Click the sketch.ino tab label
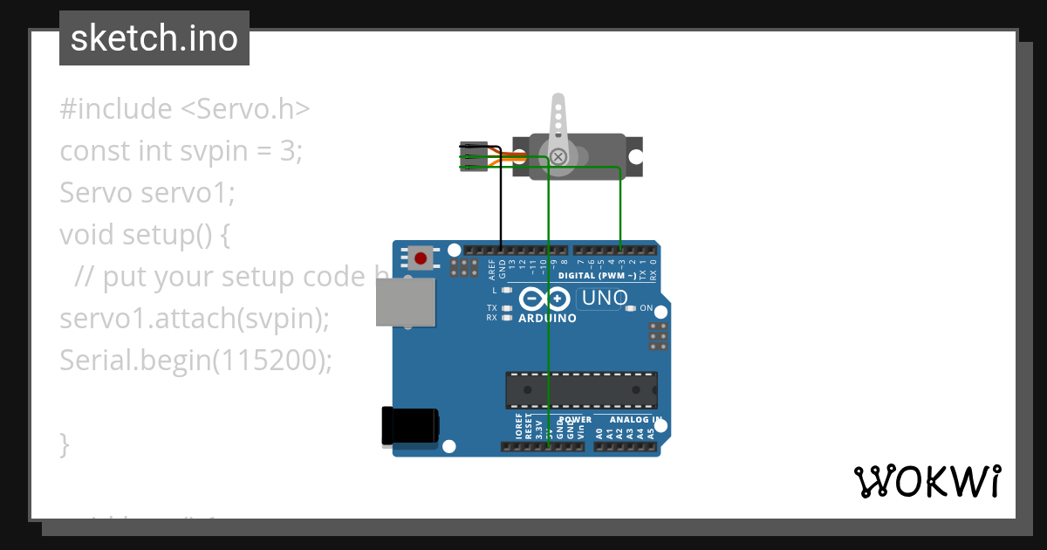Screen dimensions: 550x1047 point(154,38)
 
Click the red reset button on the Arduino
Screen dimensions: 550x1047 point(421,258)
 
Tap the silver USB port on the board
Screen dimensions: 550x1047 point(405,302)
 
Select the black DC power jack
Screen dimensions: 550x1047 point(409,428)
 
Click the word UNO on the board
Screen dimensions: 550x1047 point(605,298)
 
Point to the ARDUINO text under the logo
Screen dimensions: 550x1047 point(547,319)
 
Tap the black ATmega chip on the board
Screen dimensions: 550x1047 point(582,389)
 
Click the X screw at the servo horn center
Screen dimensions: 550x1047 point(558,156)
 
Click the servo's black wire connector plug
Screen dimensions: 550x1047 point(471,157)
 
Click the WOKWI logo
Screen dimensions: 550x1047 point(927,481)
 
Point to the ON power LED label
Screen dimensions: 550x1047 point(647,308)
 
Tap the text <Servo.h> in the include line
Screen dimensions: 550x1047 point(245,109)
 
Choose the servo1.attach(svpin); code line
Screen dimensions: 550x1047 point(195,319)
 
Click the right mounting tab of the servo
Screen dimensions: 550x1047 point(635,157)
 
